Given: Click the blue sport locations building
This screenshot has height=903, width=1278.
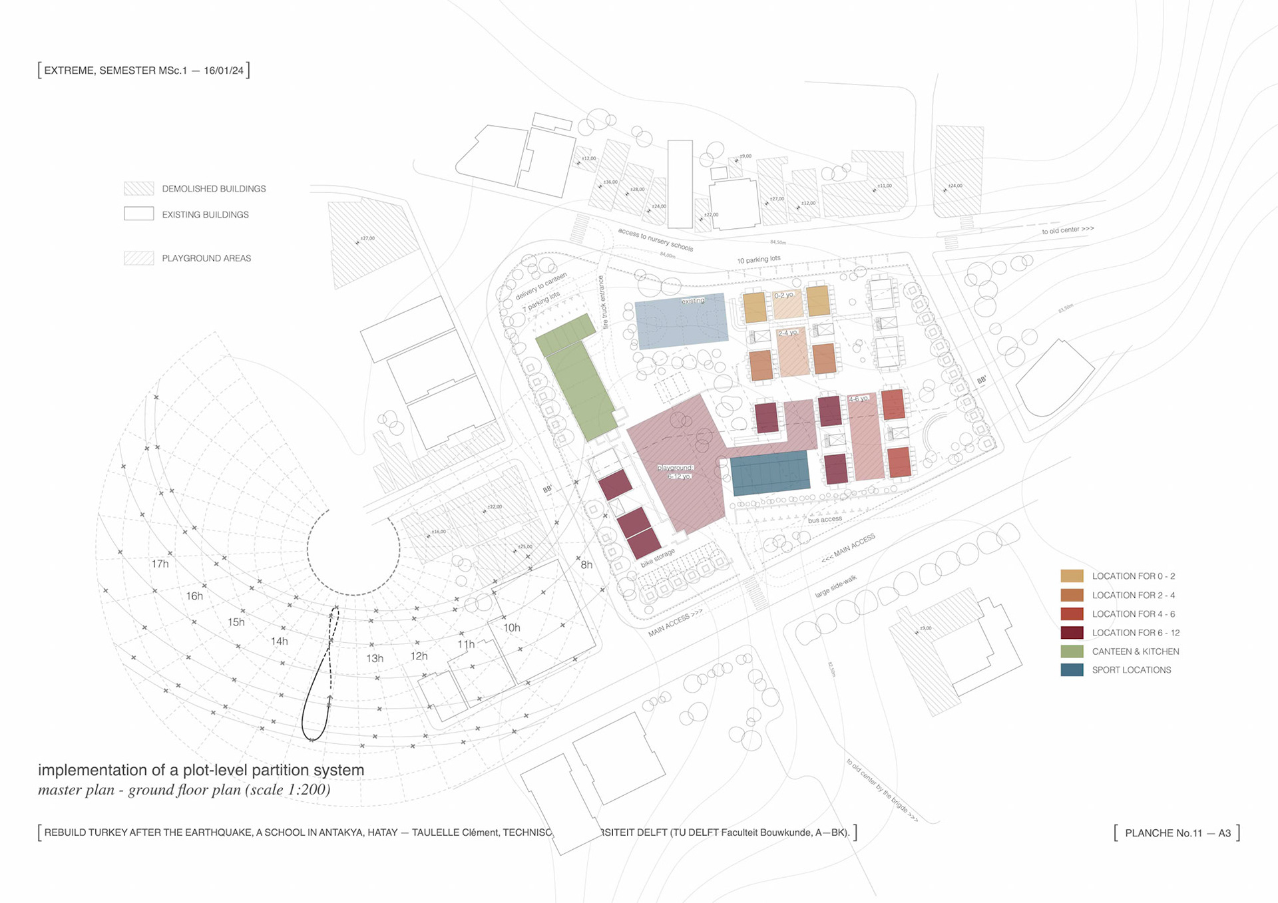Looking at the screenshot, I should pyautogui.click(x=770, y=472).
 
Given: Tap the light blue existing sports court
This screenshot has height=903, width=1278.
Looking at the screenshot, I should pyautogui.click(x=680, y=321).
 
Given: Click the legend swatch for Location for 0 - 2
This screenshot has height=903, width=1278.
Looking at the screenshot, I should pyautogui.click(x=1072, y=576).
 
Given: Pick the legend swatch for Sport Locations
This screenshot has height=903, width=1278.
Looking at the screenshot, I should pyautogui.click(x=1072, y=670).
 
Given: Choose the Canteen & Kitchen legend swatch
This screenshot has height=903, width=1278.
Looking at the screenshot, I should pyautogui.click(x=1072, y=651).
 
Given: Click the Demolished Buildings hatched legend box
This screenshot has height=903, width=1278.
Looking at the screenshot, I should pyautogui.click(x=138, y=189).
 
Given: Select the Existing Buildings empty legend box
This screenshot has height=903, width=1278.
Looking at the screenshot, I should pyautogui.click(x=138, y=214).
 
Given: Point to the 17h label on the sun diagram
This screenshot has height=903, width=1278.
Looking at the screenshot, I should pyautogui.click(x=160, y=564).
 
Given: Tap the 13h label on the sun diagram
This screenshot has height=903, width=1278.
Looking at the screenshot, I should pyautogui.click(x=375, y=659).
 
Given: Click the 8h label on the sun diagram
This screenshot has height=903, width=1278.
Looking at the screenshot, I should pyautogui.click(x=586, y=565).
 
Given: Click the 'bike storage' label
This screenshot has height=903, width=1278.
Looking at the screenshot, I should pyautogui.click(x=658, y=558).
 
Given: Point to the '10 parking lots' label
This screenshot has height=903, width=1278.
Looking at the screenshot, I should pyautogui.click(x=759, y=260).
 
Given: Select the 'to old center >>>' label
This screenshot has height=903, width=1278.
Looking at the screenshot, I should pyautogui.click(x=1068, y=230).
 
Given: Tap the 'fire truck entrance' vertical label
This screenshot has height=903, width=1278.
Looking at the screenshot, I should pyautogui.click(x=603, y=303).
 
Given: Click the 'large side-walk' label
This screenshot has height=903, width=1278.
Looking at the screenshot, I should pyautogui.click(x=835, y=586).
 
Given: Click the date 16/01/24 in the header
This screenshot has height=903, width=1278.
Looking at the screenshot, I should pyautogui.click(x=224, y=71).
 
